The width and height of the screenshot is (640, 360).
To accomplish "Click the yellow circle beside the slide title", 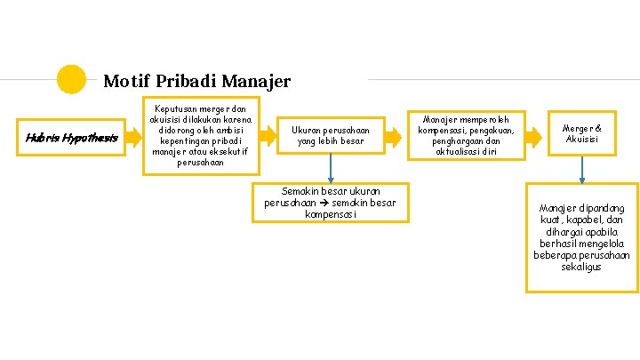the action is [x=71, y=79].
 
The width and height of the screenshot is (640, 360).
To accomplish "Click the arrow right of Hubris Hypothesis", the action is [x=132, y=137].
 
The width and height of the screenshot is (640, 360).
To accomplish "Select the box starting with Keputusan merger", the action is [x=202, y=136].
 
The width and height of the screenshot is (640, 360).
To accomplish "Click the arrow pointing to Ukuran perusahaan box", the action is [x=273, y=136].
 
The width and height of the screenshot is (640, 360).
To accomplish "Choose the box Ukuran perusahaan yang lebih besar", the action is [x=331, y=136].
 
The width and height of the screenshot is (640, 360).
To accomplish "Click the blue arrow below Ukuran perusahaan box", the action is [x=331, y=169].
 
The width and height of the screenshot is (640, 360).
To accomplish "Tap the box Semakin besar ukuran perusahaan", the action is [x=331, y=202].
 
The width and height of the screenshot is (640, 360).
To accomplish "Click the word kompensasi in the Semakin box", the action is [x=331, y=214].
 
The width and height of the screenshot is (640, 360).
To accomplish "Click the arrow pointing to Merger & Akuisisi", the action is [x=534, y=136].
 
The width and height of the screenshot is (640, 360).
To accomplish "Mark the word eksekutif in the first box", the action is [x=226, y=151].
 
